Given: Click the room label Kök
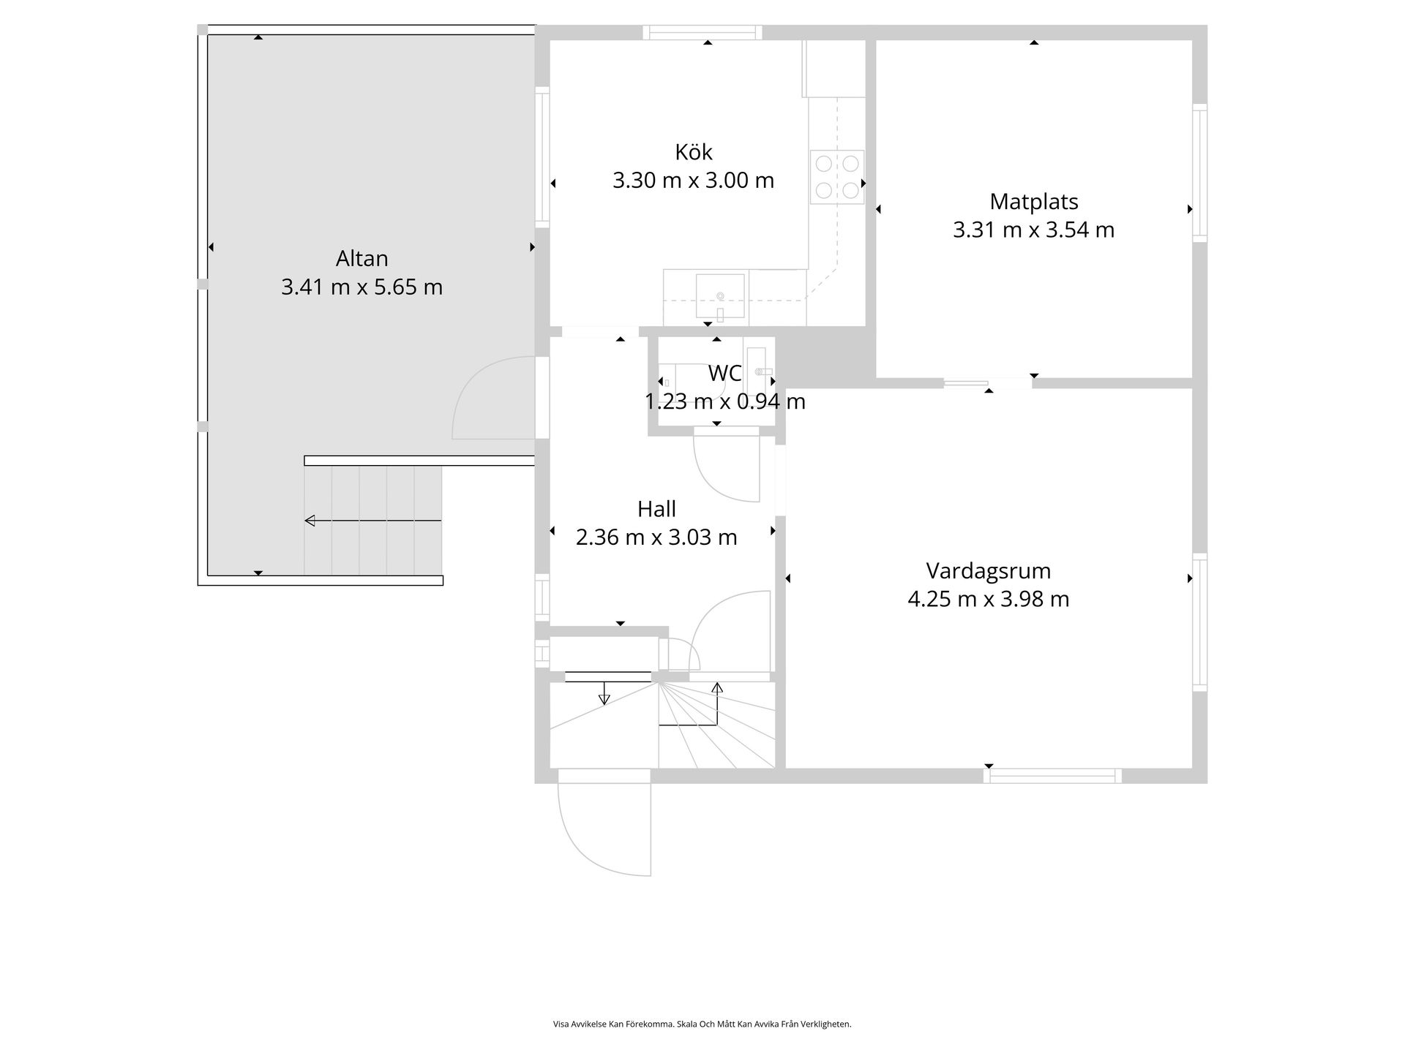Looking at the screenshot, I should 693,152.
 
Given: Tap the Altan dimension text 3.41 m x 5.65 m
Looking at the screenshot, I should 361,287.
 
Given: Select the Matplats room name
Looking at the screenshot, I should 1033,202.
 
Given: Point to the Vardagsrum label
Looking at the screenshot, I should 988,571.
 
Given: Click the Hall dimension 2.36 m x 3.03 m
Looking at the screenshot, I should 656,537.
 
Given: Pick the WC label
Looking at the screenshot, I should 724,374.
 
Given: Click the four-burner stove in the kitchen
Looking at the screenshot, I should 836,176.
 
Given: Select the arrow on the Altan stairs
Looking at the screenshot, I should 372,521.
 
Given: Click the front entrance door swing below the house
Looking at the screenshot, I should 604,829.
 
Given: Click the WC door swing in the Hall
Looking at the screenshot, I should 727,468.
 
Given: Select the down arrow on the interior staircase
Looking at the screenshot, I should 604,694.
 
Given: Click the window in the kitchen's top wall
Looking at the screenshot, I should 702,32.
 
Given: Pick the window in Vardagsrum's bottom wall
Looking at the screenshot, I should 1052,776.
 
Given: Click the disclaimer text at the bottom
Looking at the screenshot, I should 702,1024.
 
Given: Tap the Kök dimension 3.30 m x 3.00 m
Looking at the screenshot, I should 693,181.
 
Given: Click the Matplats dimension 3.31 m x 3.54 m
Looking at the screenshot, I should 1033,230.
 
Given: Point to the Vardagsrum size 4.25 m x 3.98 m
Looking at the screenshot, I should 988,600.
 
